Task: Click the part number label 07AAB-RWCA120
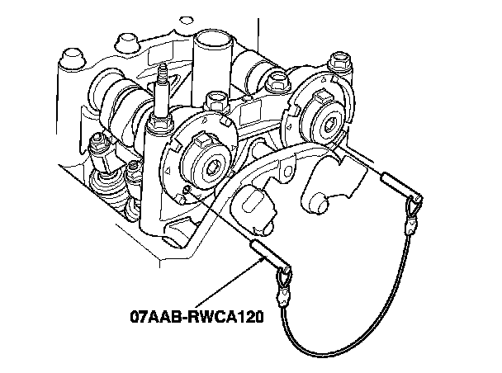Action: pyautogui.click(x=197, y=317)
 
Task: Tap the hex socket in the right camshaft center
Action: pyautogui.click(x=329, y=124)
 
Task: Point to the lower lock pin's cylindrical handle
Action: pyautogui.click(x=265, y=253)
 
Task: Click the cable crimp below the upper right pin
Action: pyautogui.click(x=410, y=225)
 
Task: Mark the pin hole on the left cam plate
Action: pyautogui.click(x=187, y=191)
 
